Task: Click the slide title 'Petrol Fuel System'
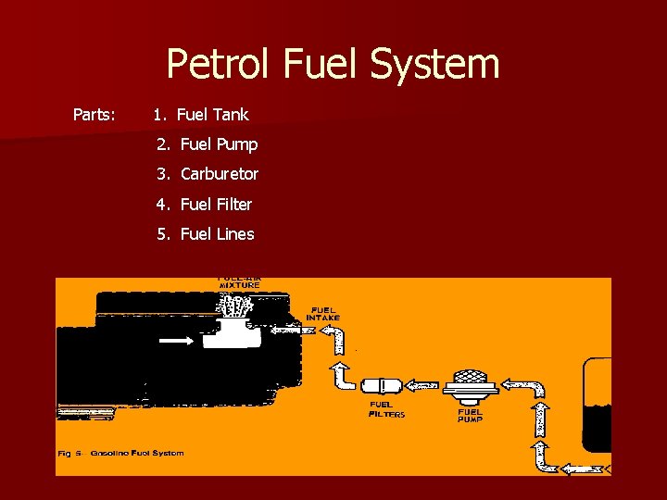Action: click(333, 64)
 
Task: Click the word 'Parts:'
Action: click(94, 115)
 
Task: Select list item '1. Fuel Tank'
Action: click(201, 115)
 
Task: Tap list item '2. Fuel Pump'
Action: click(208, 144)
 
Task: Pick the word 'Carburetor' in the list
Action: click(220, 174)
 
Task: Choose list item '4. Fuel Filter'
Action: click(205, 204)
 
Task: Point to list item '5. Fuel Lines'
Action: click(206, 234)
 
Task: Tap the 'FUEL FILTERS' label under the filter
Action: click(387, 409)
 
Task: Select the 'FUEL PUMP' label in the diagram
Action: click(470, 416)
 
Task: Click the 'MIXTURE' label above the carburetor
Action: click(239, 285)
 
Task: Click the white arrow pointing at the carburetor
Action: click(177, 341)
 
